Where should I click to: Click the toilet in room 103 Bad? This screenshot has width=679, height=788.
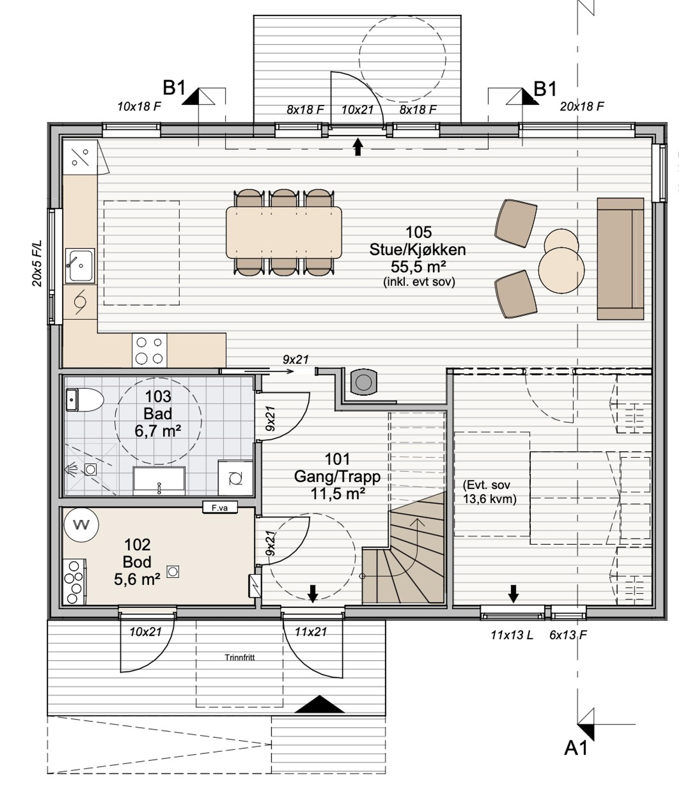[85, 400]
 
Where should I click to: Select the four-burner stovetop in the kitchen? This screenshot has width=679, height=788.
[149, 350]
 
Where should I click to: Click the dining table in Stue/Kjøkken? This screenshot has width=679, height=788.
[284, 232]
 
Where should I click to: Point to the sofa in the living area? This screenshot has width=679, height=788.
[620, 259]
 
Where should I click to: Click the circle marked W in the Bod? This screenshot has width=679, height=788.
[81, 525]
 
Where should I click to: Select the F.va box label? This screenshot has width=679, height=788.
[220, 507]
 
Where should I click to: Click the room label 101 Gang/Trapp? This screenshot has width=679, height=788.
[337, 468]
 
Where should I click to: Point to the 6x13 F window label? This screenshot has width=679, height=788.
[568, 635]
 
